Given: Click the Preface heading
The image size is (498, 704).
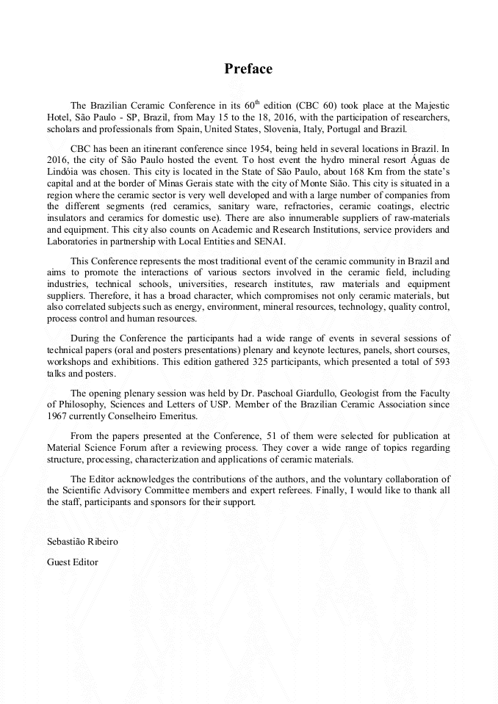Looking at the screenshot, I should tap(248, 69).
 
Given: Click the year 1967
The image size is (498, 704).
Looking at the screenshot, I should tap(58, 416).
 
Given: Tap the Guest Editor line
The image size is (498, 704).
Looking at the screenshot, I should tap(72, 562).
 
